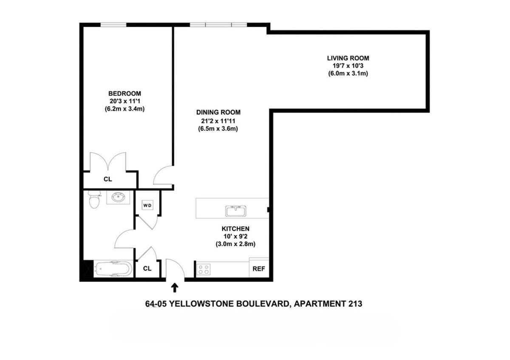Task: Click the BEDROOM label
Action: click(125, 94)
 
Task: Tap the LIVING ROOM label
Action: click(348, 58)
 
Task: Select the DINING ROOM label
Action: click(218, 113)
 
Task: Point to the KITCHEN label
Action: click(235, 229)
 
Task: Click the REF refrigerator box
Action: click(258, 269)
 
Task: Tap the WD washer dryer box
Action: click(147, 206)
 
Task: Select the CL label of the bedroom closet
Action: click(108, 179)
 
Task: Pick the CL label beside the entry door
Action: click(147, 269)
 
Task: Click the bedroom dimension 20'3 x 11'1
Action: click(125, 101)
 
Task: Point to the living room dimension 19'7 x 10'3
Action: click(348, 65)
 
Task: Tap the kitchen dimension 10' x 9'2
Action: click(235, 236)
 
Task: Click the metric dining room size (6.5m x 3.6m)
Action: click(218, 128)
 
